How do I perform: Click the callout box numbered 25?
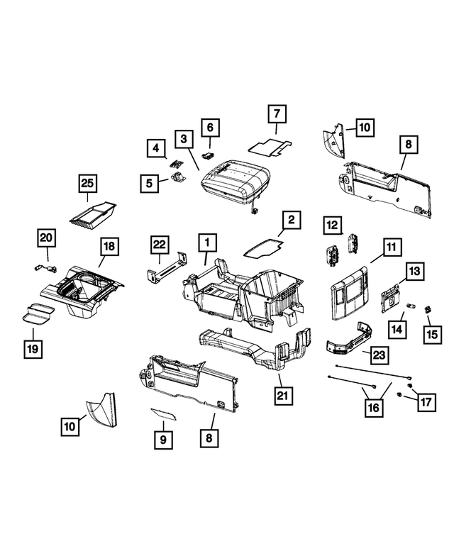click(x=87, y=184)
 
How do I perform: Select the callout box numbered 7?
click(x=277, y=113)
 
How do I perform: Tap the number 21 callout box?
click(x=283, y=396)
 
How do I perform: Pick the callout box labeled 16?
click(x=374, y=408)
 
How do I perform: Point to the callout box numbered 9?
click(x=163, y=440)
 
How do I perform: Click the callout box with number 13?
click(x=415, y=271)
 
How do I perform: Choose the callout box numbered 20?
click(x=46, y=238)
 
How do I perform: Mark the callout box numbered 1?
click(x=208, y=243)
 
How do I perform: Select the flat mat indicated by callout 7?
click(x=270, y=147)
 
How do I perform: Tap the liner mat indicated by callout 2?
click(x=264, y=247)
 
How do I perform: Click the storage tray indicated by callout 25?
click(x=93, y=215)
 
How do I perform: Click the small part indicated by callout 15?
click(x=428, y=310)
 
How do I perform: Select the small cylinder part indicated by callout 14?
click(x=411, y=306)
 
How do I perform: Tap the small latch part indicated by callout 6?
click(x=209, y=155)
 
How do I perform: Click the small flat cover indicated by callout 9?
click(x=164, y=414)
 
